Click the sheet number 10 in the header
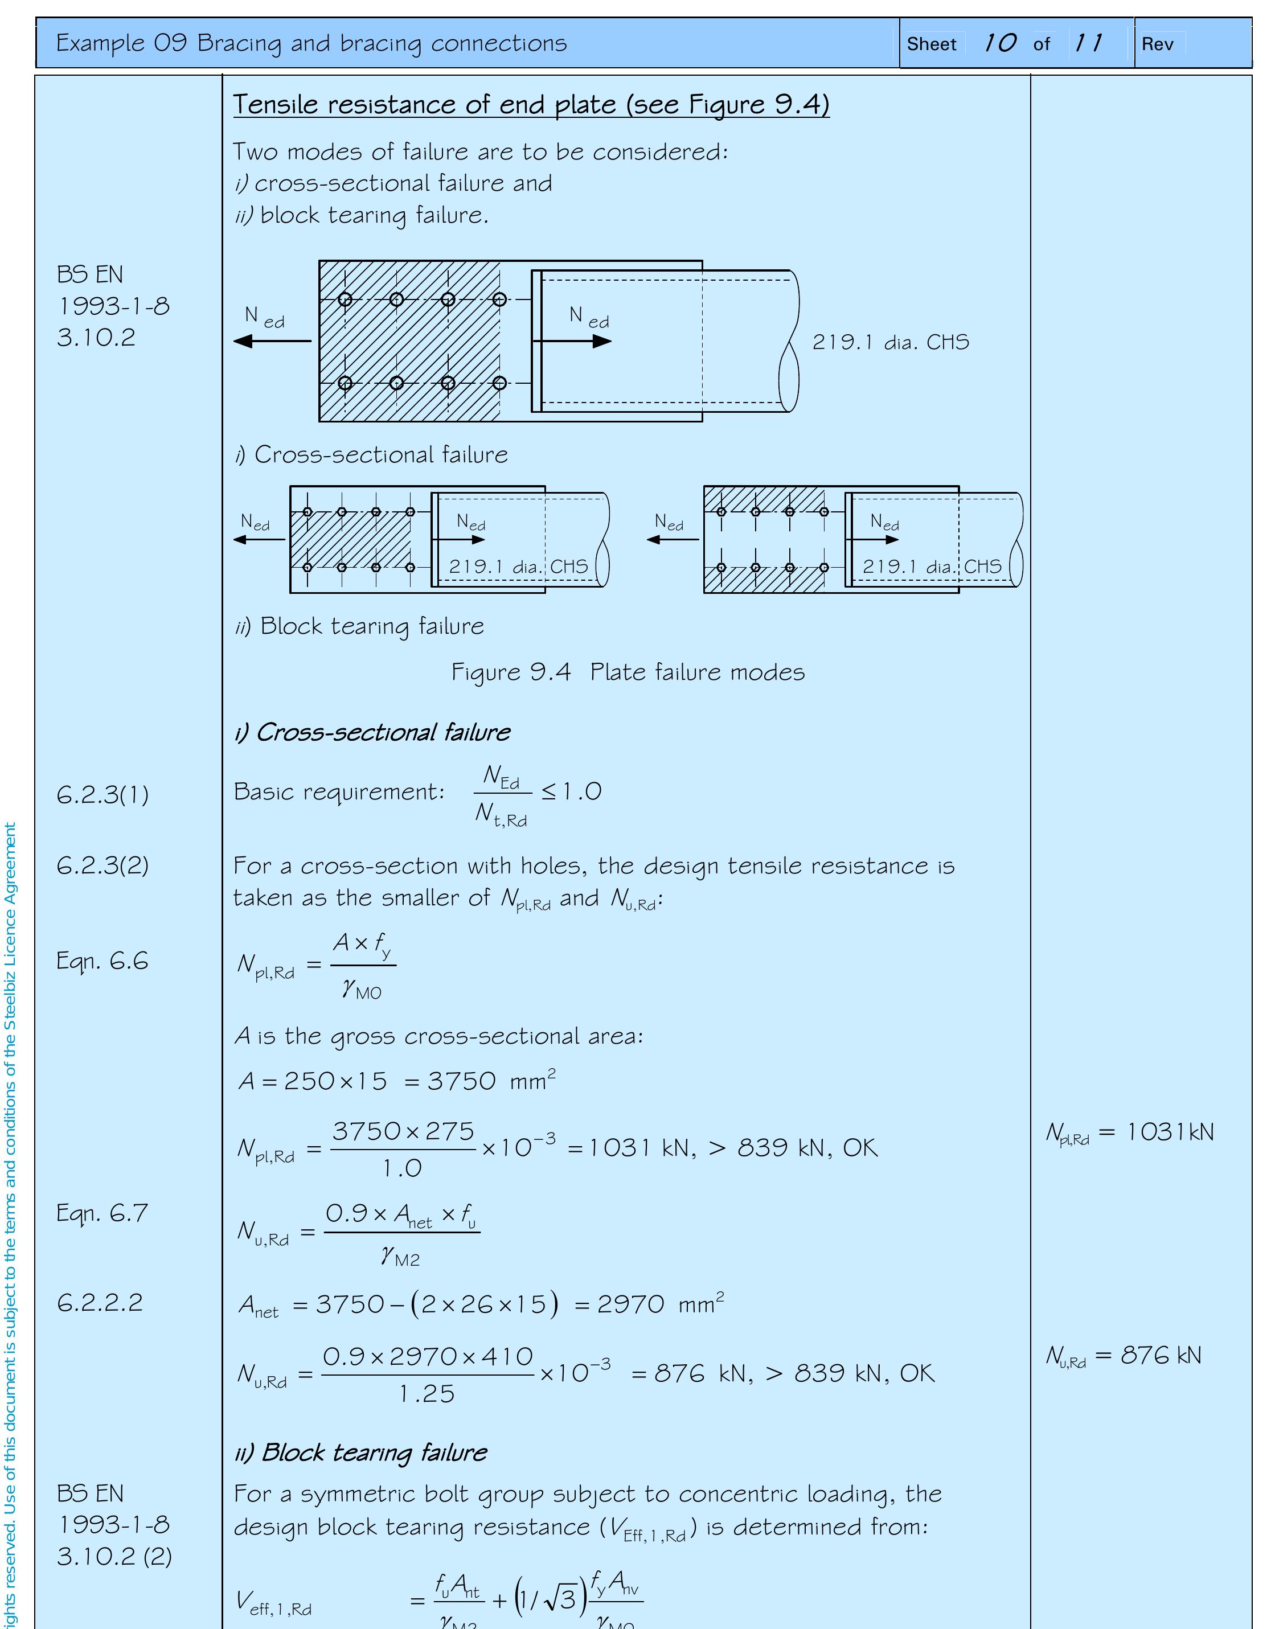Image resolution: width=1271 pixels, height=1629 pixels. pyautogui.click(x=999, y=43)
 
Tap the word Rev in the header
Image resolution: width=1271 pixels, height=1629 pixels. pyautogui.click(x=1157, y=44)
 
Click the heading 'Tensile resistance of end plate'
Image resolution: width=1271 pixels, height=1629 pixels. pyautogui.click(x=531, y=104)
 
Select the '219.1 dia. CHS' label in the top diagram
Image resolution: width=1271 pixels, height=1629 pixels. pyautogui.click(x=890, y=342)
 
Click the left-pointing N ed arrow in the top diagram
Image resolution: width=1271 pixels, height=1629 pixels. pyautogui.click(x=272, y=341)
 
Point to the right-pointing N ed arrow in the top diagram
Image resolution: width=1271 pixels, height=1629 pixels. pyautogui.click(x=572, y=341)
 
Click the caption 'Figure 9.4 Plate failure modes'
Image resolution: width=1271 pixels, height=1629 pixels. pyautogui.click(x=628, y=672)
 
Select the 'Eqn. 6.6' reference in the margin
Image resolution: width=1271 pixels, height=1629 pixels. pyautogui.click(x=102, y=961)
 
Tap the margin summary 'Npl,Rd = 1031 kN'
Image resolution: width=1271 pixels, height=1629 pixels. pyautogui.click(x=1129, y=1132)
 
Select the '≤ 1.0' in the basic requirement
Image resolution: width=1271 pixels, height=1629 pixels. pyautogui.click(x=571, y=791)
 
